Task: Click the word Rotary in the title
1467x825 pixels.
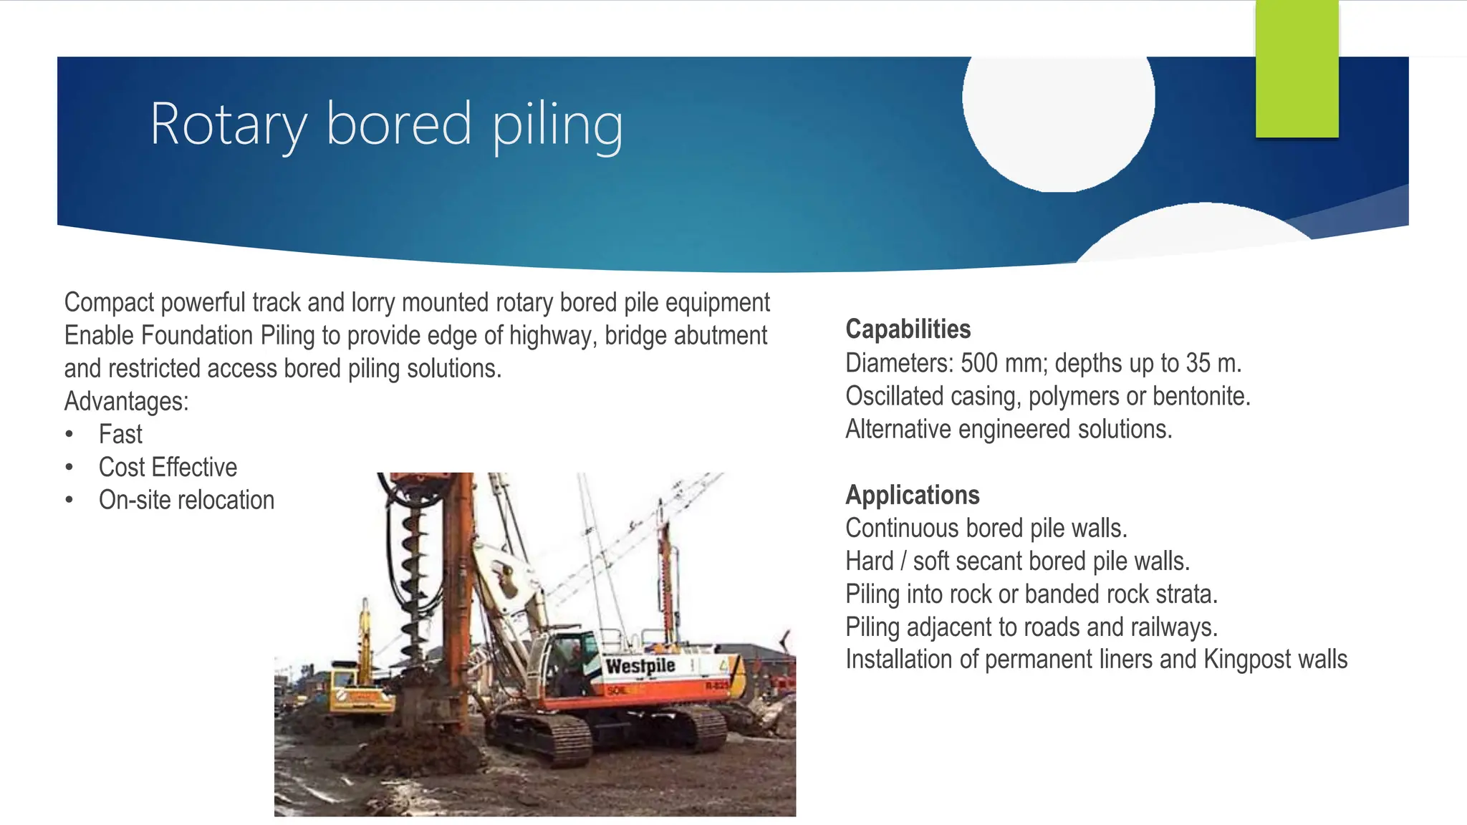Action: click(228, 125)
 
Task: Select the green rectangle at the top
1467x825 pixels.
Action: click(1297, 68)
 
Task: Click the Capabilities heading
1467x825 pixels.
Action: click(908, 329)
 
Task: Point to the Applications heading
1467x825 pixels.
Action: click(912, 495)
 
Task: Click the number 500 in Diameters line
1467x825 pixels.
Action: click(978, 363)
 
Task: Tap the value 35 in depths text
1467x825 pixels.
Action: click(1198, 363)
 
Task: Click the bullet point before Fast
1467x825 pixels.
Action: click(69, 435)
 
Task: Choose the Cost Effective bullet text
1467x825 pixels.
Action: click(168, 468)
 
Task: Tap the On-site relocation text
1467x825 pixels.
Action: click(186, 501)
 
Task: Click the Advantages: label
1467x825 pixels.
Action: click(126, 402)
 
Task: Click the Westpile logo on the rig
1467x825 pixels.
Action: click(640, 666)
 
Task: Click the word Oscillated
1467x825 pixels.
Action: click(893, 396)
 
